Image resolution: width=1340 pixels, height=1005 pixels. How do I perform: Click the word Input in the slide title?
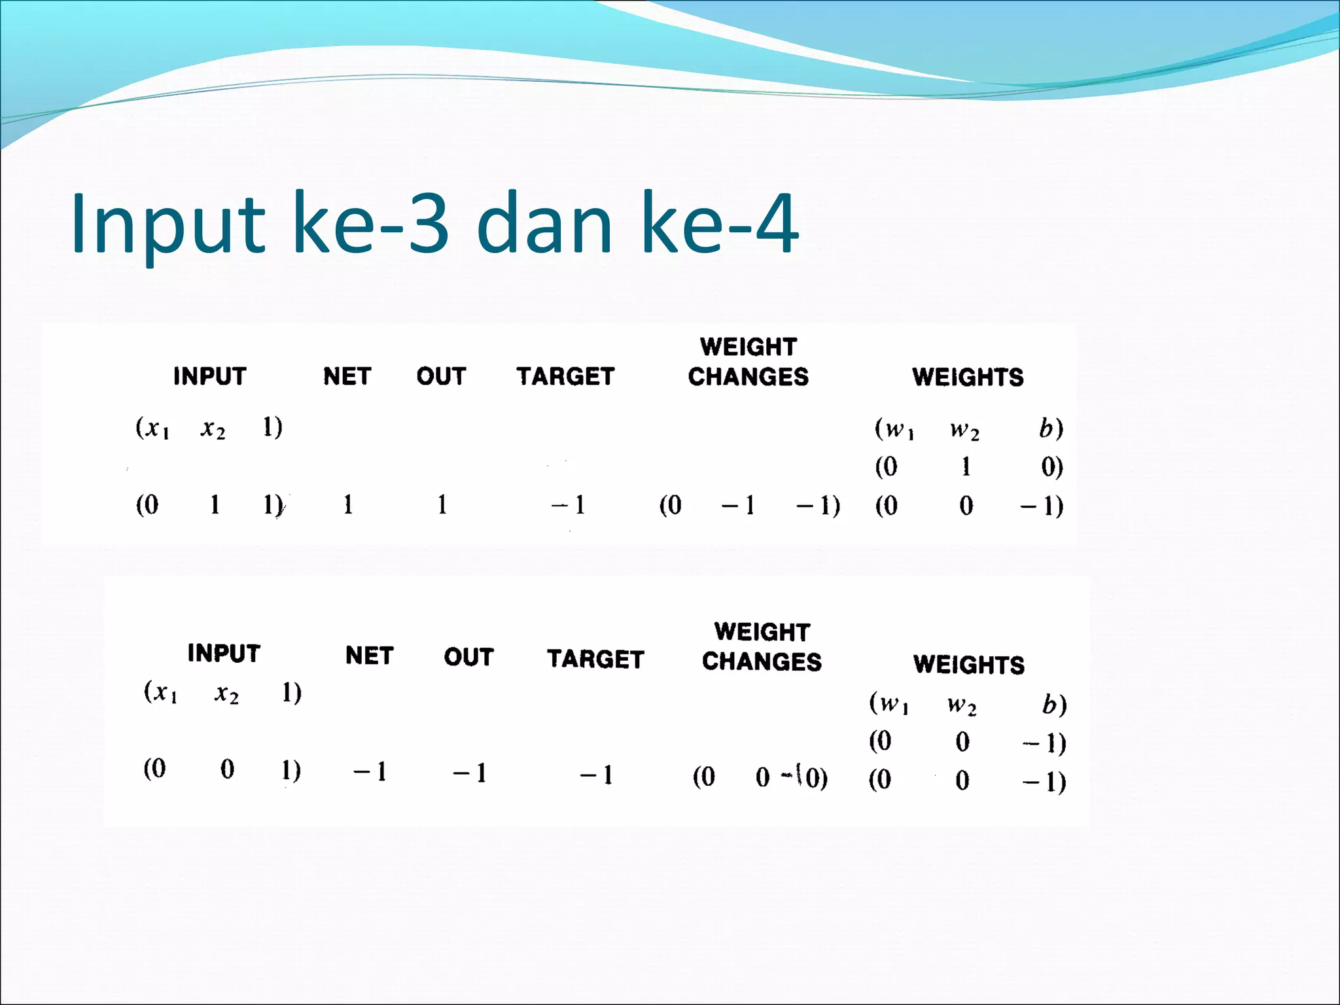click(x=167, y=224)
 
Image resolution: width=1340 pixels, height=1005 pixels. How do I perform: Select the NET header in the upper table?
click(x=347, y=376)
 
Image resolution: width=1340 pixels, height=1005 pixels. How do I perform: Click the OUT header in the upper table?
click(x=441, y=376)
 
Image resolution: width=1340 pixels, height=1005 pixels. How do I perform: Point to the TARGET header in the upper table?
click(x=565, y=376)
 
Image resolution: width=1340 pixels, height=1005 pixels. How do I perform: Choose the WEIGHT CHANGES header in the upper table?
click(x=748, y=362)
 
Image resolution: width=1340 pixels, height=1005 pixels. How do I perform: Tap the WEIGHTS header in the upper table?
click(x=968, y=377)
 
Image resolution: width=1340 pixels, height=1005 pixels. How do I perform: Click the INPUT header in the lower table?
click(x=224, y=653)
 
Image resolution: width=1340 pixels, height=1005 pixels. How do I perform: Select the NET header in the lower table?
click(x=370, y=656)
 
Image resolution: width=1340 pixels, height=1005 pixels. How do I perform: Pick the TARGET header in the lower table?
click(x=595, y=659)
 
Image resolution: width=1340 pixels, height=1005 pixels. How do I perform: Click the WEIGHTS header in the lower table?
click(x=969, y=665)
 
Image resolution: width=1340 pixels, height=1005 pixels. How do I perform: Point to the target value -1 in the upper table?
click(x=568, y=505)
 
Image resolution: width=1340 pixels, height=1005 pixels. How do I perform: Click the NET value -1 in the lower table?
click(x=370, y=772)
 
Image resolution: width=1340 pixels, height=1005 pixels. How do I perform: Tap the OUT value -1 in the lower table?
click(x=470, y=773)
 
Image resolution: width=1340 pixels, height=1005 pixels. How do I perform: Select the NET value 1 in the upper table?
click(x=348, y=504)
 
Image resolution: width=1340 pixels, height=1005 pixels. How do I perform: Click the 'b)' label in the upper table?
click(x=1051, y=428)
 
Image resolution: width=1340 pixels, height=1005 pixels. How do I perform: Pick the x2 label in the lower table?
click(x=226, y=693)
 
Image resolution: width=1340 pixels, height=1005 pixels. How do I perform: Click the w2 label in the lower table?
click(x=962, y=705)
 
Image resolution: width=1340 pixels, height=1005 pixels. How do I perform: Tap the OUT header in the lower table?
click(x=468, y=657)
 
